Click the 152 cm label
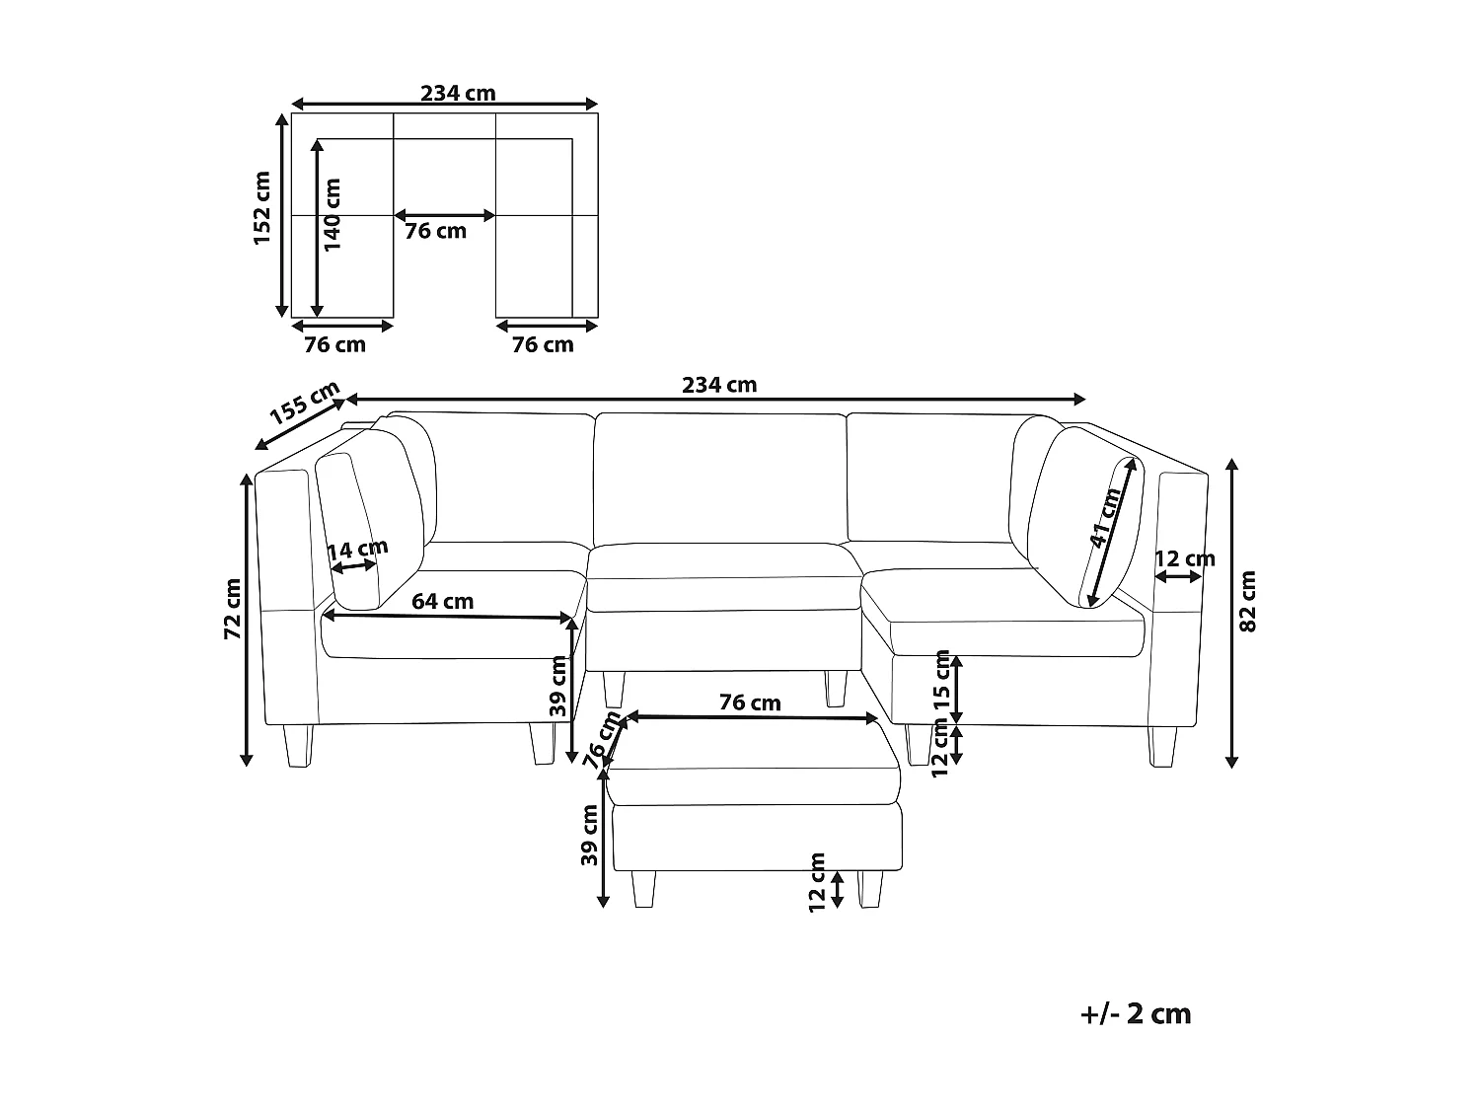pos(262,208)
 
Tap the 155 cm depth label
pos(305,402)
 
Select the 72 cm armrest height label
pos(233,609)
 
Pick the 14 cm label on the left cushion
pos(358,550)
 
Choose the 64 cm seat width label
pos(443,601)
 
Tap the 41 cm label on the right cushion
pos(1106,518)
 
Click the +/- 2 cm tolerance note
pos(1136,1013)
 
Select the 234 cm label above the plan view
pos(458,94)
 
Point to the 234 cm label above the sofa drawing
pos(719,385)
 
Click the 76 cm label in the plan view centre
pos(436,231)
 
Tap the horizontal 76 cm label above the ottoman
pos(750,703)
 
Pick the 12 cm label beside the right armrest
pos(1184,558)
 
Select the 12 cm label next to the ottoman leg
pos(817,882)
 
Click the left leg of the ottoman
pos(642,888)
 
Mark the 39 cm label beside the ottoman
pos(589,835)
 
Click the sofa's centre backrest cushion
pos(720,476)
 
